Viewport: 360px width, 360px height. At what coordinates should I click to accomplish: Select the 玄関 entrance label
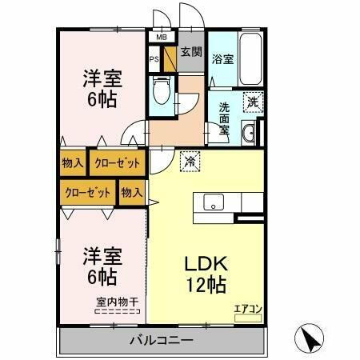pyautogui.click(x=190, y=53)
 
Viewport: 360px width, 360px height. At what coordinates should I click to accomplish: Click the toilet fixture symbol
pyautogui.click(x=159, y=91)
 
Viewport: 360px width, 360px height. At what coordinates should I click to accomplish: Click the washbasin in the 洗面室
pyautogui.click(x=249, y=133)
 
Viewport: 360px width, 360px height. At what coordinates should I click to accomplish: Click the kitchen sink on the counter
pyautogui.click(x=214, y=202)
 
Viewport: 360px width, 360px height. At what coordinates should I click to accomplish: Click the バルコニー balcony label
pyautogui.click(x=162, y=341)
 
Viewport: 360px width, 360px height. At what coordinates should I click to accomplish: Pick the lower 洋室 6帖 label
pyautogui.click(x=102, y=266)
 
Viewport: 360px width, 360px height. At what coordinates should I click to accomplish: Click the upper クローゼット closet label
pyautogui.click(x=117, y=163)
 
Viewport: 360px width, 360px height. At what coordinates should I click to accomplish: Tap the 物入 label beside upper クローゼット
pyautogui.click(x=73, y=163)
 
